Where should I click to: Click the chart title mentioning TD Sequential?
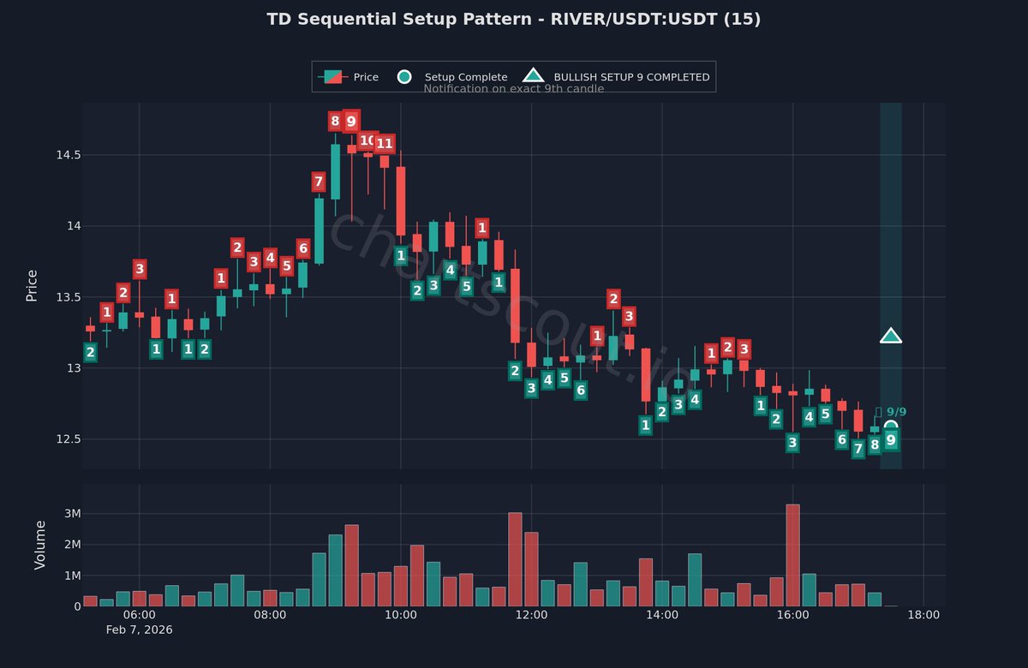(513, 19)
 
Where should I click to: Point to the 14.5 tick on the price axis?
(68, 155)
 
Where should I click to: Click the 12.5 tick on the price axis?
(68, 439)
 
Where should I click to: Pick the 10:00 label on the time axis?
(401, 615)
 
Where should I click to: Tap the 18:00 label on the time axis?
(923, 615)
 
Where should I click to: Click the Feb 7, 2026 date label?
(140, 630)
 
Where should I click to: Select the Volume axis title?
(40, 545)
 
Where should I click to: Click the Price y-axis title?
(32, 285)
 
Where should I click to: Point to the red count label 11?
(385, 144)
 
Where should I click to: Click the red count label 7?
(319, 182)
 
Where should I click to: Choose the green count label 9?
(891, 440)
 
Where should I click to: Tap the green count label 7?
(858, 449)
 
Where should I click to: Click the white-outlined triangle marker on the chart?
(891, 337)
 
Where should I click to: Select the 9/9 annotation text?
(894, 412)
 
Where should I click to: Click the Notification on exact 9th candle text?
(513, 89)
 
